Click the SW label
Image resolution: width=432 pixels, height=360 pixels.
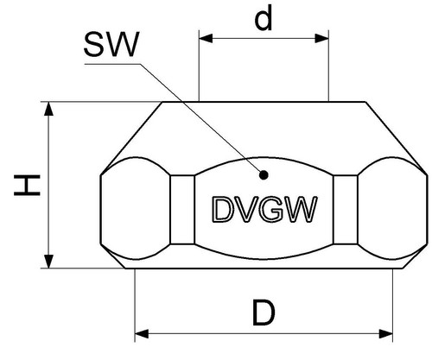[x=111, y=44]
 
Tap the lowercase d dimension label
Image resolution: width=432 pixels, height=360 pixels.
[x=264, y=18]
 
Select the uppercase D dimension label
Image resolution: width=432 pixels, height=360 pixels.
[x=264, y=313]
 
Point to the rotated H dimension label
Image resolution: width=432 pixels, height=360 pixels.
[x=27, y=185]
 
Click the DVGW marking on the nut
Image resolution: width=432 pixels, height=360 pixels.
[x=264, y=209]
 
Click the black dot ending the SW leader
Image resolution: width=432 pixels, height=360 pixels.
[x=264, y=175]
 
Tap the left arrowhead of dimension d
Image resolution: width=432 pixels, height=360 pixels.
[x=206, y=38]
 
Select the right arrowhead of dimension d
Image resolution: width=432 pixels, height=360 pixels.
[x=321, y=38]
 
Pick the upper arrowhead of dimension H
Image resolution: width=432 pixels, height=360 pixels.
[x=48, y=109]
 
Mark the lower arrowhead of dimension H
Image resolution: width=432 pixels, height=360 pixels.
[x=48, y=262]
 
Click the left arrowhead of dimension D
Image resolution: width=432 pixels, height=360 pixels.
[x=142, y=334]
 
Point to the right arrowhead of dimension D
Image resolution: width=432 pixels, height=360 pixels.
[x=385, y=334]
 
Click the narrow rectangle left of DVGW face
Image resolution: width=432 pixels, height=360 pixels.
[x=182, y=210]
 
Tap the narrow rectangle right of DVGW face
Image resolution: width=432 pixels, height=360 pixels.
[x=346, y=210]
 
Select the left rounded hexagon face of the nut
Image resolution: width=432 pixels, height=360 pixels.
[x=135, y=209]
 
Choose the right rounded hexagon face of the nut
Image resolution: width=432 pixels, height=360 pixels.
[x=392, y=209]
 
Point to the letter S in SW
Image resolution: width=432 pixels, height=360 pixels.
[x=94, y=44]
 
